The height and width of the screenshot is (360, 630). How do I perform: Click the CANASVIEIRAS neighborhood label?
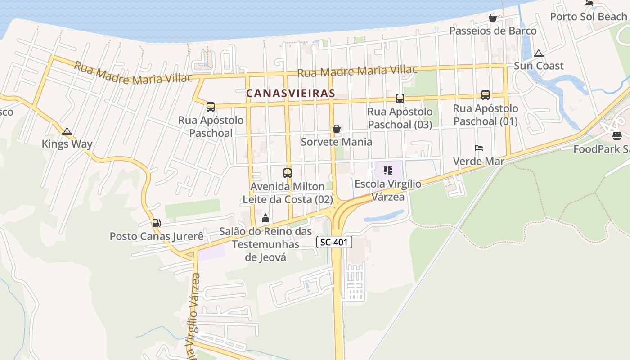[x=290, y=93]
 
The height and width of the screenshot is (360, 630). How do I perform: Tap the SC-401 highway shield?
[x=334, y=243]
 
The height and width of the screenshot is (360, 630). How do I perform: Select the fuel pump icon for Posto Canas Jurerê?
[x=156, y=223]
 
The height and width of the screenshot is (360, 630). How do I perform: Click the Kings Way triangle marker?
[x=67, y=131]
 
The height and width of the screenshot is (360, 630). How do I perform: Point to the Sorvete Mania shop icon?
[x=336, y=129]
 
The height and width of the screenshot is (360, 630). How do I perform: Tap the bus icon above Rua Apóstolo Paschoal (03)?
[x=400, y=99]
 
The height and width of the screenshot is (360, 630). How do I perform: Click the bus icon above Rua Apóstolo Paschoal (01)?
[x=485, y=95]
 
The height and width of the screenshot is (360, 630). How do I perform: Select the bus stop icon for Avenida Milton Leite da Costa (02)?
[x=287, y=173]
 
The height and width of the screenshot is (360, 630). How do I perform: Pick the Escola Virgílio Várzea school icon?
[x=388, y=171]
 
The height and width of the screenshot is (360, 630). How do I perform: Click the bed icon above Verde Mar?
[x=479, y=148]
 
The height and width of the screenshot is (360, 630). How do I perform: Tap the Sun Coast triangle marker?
[x=538, y=53]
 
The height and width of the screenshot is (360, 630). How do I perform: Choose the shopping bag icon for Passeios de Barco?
[x=493, y=18]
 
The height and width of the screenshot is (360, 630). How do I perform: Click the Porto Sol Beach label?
[x=589, y=17]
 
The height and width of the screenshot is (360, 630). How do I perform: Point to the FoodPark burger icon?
[x=616, y=136]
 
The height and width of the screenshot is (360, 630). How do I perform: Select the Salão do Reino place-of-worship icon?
[x=265, y=219]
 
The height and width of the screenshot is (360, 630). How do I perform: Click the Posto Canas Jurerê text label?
[x=156, y=236]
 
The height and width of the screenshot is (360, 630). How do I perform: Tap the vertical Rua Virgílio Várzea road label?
[x=194, y=315]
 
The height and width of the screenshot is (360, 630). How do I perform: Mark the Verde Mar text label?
[x=478, y=161]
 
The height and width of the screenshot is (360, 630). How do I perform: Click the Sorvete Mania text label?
[x=336, y=142]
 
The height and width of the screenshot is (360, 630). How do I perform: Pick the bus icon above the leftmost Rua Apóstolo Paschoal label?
[x=210, y=107]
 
